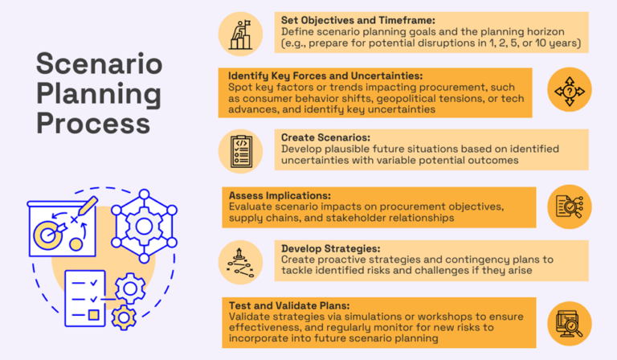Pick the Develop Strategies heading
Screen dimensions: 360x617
(x=329, y=248)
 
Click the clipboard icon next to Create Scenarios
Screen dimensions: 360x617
(x=241, y=151)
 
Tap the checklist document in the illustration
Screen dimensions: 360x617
(x=85, y=293)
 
